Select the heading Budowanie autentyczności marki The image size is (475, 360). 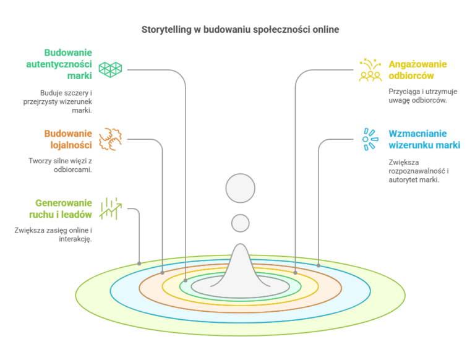pyautogui.click(x=59, y=64)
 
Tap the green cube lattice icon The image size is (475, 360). pyautogui.click(x=110, y=70)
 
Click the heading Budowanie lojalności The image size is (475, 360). pyautogui.click(x=68, y=139)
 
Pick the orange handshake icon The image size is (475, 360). pyautogui.click(x=110, y=139)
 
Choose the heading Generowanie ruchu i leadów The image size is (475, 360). pyautogui.click(x=61, y=208)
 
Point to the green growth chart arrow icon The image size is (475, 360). pyautogui.click(x=110, y=208)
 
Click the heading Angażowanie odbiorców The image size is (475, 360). pyautogui.click(x=417, y=70)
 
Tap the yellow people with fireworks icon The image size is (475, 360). pyautogui.click(x=370, y=70)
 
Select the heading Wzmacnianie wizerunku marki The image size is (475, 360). pyautogui.click(x=424, y=139)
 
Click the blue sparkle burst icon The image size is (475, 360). pyautogui.click(x=370, y=139)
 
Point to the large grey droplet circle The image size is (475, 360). pyautogui.click(x=240, y=188)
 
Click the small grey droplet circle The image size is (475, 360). pyautogui.click(x=240, y=223)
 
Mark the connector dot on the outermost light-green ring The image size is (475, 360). pyautogui.click(x=139, y=264)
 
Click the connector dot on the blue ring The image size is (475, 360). pyautogui.click(x=319, y=265)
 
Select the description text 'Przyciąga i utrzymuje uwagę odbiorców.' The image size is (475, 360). pyautogui.click(x=423, y=96)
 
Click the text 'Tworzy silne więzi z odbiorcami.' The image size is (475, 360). pyautogui.click(x=60, y=165)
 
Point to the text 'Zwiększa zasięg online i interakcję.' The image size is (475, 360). pyautogui.click(x=53, y=234)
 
